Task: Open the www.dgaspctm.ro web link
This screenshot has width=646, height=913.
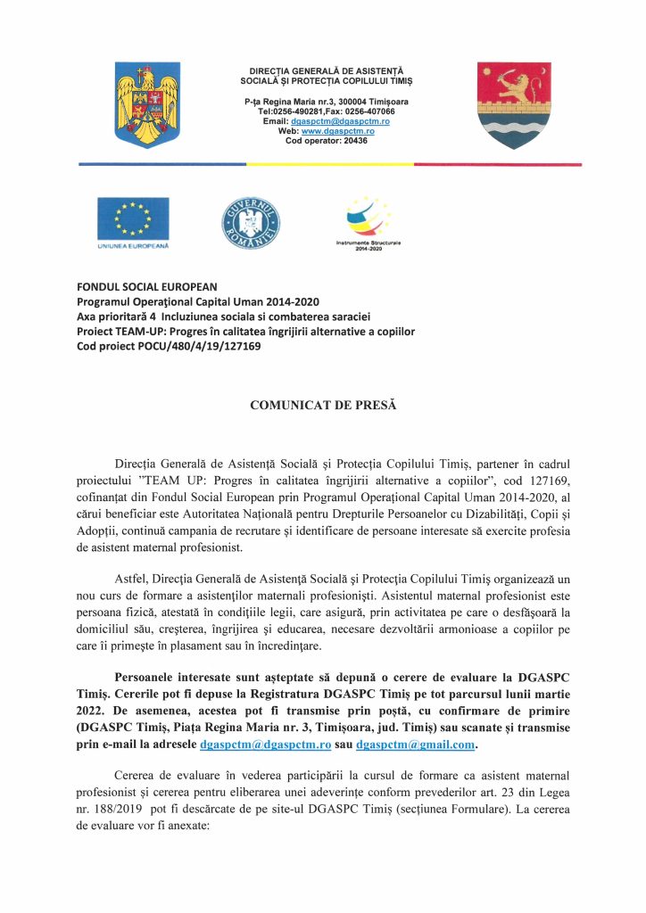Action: point(338,131)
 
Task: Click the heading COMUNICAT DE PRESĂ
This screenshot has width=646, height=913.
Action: point(322,406)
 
